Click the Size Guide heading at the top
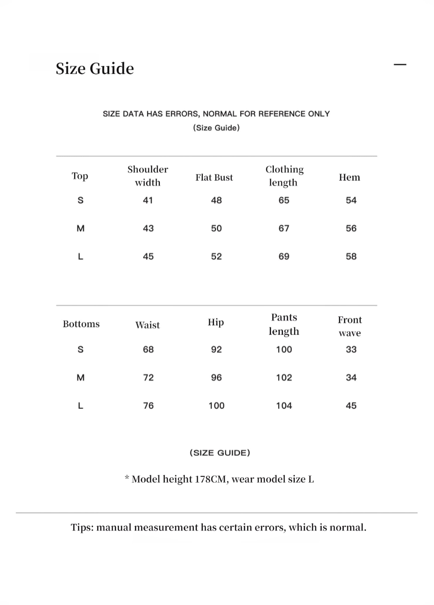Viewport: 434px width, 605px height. click(95, 69)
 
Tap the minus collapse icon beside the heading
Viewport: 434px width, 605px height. click(400, 65)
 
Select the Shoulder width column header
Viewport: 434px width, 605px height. click(148, 176)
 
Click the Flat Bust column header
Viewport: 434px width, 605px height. click(214, 177)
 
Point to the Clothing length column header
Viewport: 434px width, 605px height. click(284, 176)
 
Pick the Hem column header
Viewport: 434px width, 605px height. click(349, 177)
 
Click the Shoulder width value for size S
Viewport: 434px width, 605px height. click(148, 200)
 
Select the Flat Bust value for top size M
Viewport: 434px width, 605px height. click(217, 228)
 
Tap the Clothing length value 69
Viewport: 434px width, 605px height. click(284, 257)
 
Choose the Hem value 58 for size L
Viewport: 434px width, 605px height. click(351, 257)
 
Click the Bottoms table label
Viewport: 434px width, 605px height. click(81, 324)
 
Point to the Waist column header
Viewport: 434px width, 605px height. click(148, 325)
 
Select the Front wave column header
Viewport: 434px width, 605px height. click(350, 326)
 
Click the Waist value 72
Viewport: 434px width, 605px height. click(149, 378)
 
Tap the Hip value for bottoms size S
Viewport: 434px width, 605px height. click(217, 349)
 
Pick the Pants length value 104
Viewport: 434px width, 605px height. click(284, 406)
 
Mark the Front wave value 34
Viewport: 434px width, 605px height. click(351, 378)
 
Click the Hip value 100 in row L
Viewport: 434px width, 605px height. click(217, 406)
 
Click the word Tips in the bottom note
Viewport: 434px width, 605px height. click(82, 528)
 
